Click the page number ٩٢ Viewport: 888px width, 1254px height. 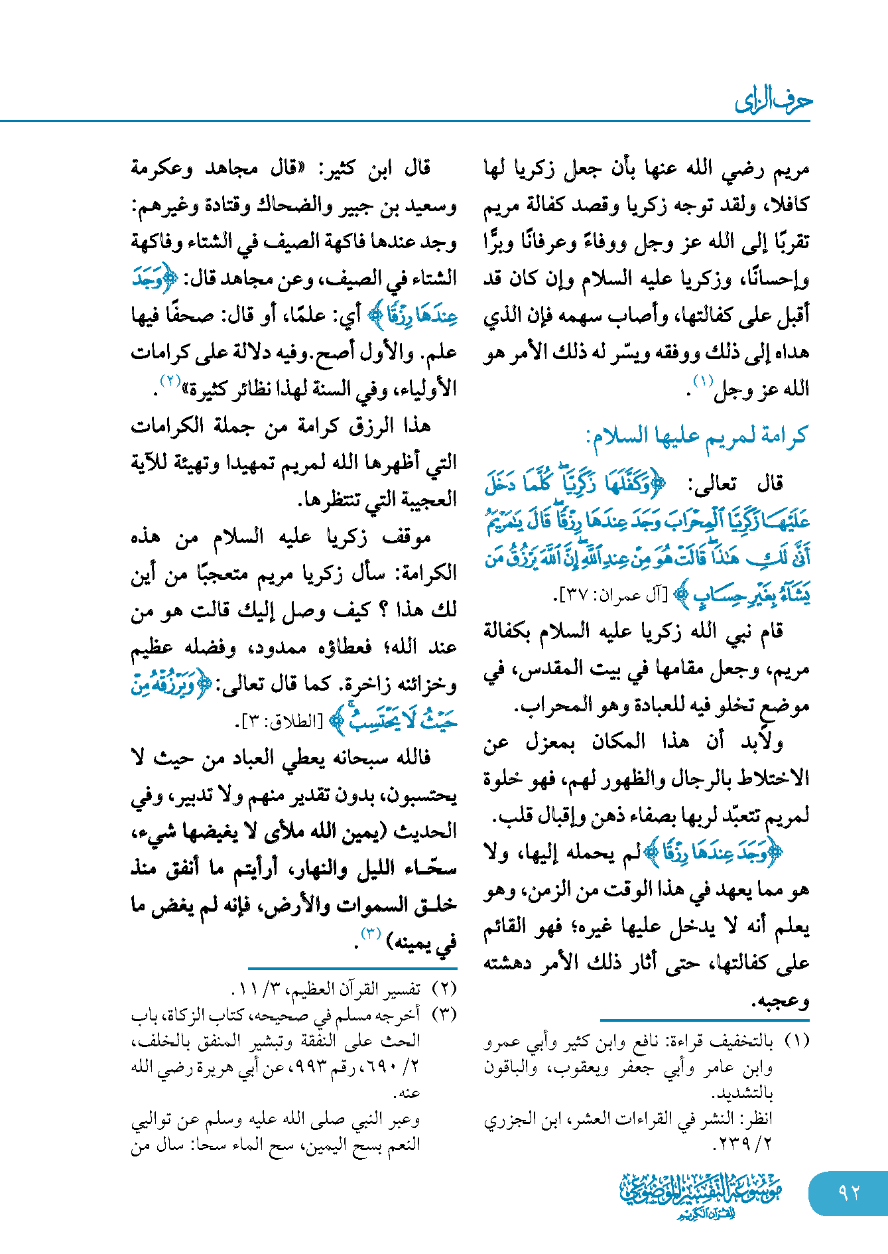pyautogui.click(x=848, y=1192)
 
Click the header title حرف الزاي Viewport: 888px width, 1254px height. pyautogui.click(x=773, y=102)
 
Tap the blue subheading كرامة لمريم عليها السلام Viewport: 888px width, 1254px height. pyautogui.click(x=696, y=436)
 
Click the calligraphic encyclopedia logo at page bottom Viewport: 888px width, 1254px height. pyautogui.click(x=701, y=1195)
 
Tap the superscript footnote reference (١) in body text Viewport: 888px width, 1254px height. pyautogui.click(x=702, y=381)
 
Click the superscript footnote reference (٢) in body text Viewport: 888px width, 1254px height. pyautogui.click(x=170, y=381)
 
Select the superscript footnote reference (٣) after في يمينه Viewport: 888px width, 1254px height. pyautogui.click(x=370, y=934)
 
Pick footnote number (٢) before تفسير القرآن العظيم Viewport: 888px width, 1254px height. pyautogui.click(x=444, y=989)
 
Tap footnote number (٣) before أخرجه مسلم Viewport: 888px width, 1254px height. pyautogui.click(x=444, y=1015)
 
